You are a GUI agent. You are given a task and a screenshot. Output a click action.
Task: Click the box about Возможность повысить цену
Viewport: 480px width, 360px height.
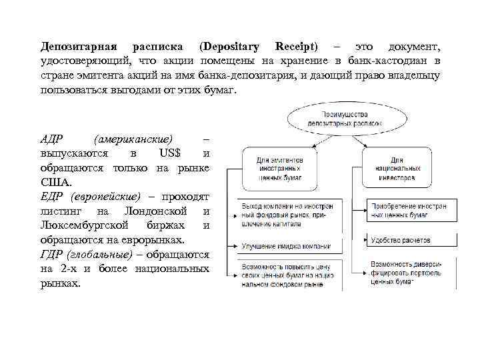[x=284, y=275]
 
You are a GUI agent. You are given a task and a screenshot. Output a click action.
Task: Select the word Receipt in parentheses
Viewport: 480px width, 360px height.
[x=297, y=47]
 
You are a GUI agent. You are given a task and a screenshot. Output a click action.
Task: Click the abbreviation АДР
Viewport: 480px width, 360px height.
[x=52, y=139]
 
